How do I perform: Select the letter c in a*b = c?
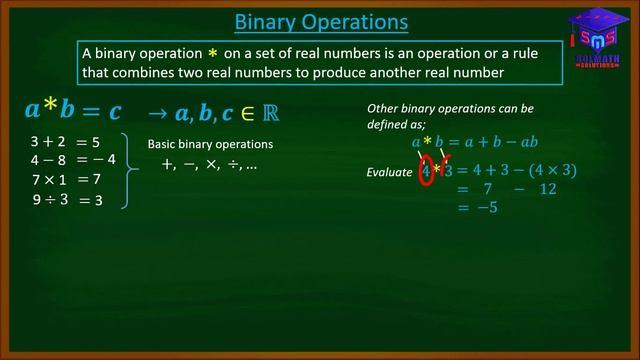pos(115,110)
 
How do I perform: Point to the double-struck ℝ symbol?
pos(268,111)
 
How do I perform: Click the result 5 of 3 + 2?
pos(96,142)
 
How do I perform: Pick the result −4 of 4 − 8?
pos(103,159)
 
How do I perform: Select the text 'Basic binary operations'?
pos(210,144)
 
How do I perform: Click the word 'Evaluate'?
pos(389,173)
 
